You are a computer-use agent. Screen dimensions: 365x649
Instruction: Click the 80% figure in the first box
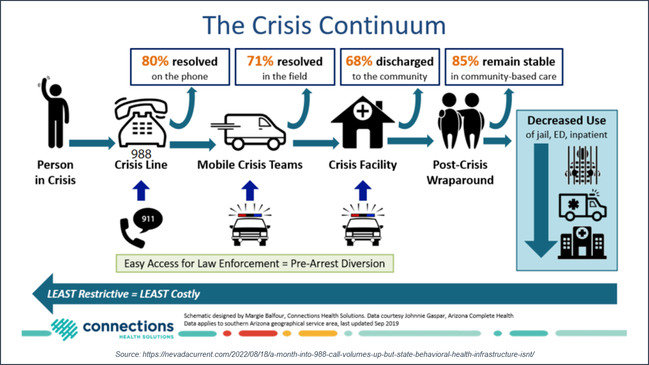click(x=155, y=62)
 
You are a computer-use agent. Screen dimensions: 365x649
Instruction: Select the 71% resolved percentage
click(x=260, y=62)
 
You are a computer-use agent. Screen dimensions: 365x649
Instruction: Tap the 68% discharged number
click(x=359, y=62)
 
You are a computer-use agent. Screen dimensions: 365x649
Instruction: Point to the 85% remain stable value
click(x=465, y=62)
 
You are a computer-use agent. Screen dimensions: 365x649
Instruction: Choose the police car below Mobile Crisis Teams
click(x=250, y=228)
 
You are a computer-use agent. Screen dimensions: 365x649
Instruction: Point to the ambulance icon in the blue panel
click(x=583, y=206)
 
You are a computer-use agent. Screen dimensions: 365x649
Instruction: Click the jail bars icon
click(x=582, y=165)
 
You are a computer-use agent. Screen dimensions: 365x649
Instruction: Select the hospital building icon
click(x=582, y=244)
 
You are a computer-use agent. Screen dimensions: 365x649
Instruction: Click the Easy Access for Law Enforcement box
click(x=255, y=264)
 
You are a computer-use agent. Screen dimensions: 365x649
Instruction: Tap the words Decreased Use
click(x=566, y=121)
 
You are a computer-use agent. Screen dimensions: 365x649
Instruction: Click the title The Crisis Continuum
click(x=324, y=25)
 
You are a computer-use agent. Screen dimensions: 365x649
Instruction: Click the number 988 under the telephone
click(x=141, y=154)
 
